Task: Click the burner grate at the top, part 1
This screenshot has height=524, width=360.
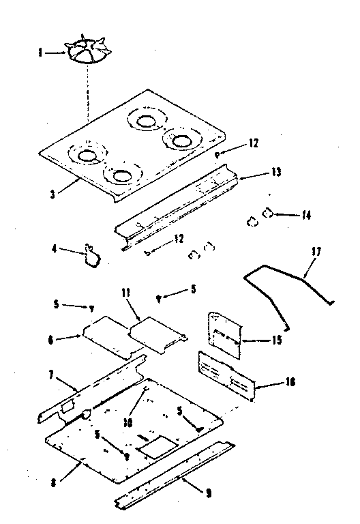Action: pos(89,52)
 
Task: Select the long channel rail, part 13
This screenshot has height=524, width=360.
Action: pos(178,211)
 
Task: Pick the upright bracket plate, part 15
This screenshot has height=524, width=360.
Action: pos(225,335)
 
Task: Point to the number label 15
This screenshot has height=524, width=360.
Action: pos(277,339)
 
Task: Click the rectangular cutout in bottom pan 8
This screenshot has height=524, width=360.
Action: pos(155,447)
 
